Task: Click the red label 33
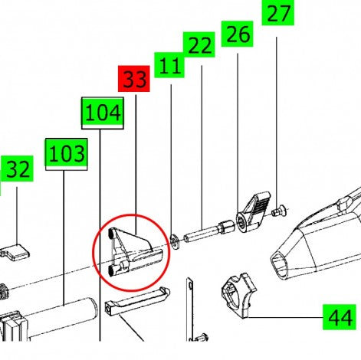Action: [134, 79]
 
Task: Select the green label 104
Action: [103, 113]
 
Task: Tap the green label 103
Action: [67, 154]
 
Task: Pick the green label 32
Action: [17, 169]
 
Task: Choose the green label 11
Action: [169, 65]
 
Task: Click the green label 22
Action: [199, 44]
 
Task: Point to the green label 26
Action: [237, 34]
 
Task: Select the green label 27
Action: [278, 12]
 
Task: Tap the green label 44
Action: [340, 317]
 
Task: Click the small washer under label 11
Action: [175, 241]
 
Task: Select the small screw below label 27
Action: [278, 211]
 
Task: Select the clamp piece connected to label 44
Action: [239, 296]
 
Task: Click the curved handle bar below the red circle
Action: [137, 301]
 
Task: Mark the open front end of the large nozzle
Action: [279, 266]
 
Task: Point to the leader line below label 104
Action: [100, 235]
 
